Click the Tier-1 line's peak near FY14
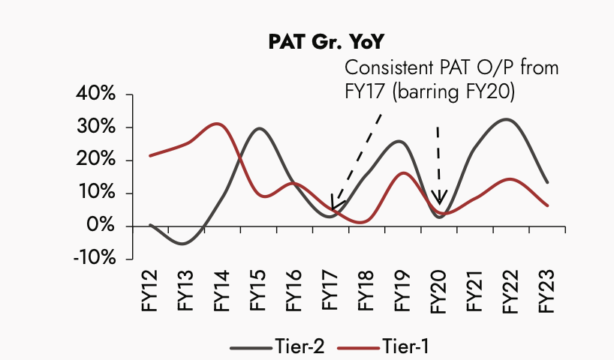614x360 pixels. pyautogui.click(x=217, y=124)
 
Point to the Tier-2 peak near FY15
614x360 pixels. pyautogui.click(x=259, y=128)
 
